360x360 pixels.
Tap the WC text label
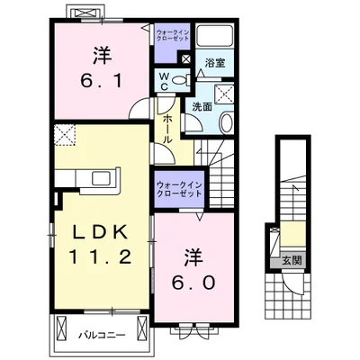coord(167,82)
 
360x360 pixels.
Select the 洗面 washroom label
coord(201,107)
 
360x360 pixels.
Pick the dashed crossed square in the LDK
coord(66,137)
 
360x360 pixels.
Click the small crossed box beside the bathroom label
coord(185,61)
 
